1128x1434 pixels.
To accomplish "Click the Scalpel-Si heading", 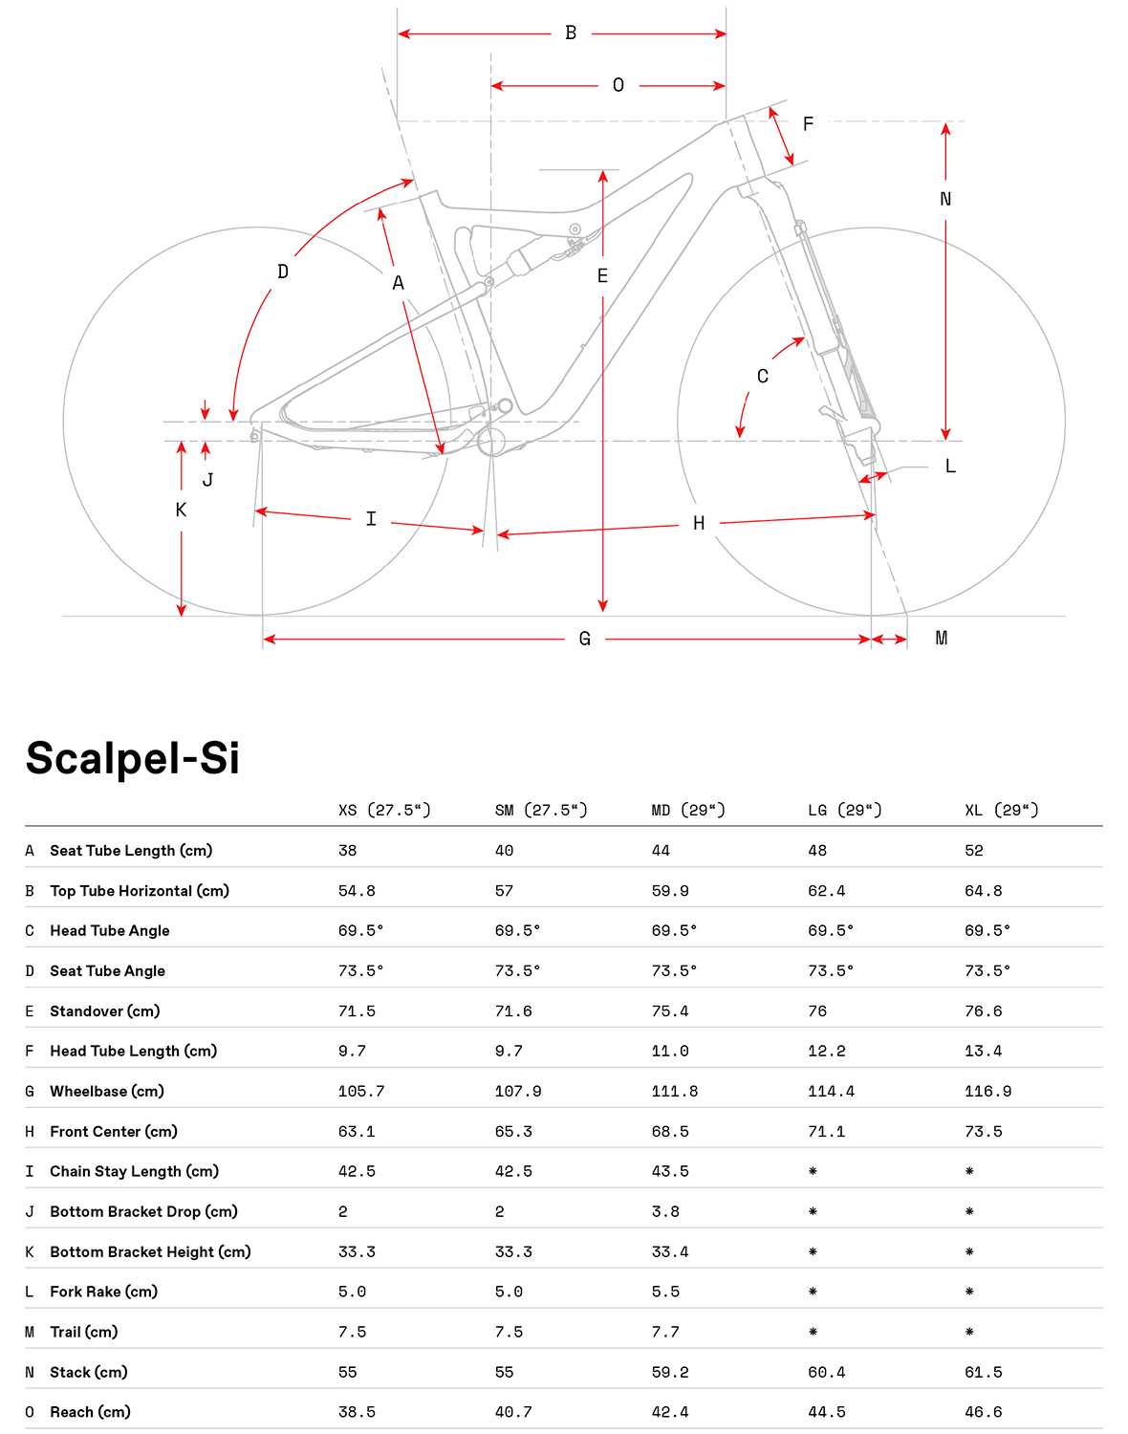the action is click(x=132, y=758).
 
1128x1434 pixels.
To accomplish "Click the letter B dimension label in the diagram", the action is click(x=571, y=33).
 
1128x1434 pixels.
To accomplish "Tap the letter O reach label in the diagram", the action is click(x=618, y=85).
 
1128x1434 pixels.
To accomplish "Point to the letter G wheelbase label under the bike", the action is click(x=584, y=639).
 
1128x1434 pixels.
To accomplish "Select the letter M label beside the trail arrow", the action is click(x=941, y=639).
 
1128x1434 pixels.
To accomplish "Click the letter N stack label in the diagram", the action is click(x=944, y=199).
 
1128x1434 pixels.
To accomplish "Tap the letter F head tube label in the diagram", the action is click(x=808, y=124).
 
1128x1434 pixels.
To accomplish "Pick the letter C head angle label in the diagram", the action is click(x=763, y=377).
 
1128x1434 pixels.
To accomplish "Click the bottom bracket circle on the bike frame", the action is click(x=491, y=442).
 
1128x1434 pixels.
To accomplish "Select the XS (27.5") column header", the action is click(x=384, y=811).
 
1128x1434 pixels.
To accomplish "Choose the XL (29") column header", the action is click(x=1002, y=811).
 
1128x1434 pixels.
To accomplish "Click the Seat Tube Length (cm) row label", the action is click(x=131, y=851).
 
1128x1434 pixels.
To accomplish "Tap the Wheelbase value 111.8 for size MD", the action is click(x=674, y=1092).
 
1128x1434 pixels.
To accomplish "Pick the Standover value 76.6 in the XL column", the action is click(x=984, y=1011).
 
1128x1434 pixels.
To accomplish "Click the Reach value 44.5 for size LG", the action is click(x=826, y=1412).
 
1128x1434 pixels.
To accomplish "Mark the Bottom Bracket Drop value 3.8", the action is click(x=665, y=1211).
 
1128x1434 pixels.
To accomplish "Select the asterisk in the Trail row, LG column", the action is click(x=813, y=1332).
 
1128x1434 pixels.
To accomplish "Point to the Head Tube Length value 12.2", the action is click(x=826, y=1052).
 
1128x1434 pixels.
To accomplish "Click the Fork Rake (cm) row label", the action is click(x=104, y=1293).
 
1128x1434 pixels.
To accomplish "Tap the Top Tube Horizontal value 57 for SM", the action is click(x=504, y=891).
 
